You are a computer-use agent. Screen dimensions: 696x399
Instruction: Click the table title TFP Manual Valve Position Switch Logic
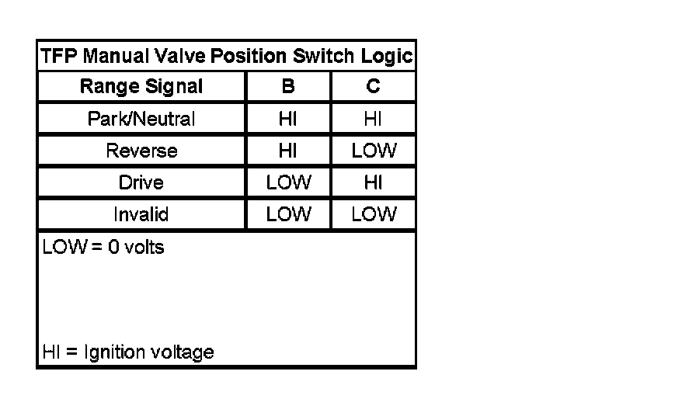226,57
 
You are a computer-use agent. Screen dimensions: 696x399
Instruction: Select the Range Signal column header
141,87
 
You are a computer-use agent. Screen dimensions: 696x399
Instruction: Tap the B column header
288,87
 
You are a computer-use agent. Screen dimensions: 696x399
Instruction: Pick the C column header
373,87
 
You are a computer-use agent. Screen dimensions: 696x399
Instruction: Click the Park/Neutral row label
141,119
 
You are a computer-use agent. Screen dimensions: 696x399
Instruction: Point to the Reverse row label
141,151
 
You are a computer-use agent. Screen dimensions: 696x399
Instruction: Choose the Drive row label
141,182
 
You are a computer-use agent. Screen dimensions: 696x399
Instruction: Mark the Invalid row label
141,214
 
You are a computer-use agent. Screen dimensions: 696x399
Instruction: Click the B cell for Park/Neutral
288,119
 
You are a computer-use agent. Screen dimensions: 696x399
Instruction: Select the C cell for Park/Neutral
373,119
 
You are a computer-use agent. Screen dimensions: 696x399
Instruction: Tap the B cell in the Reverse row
288,151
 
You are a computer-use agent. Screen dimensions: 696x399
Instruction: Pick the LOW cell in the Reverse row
373,151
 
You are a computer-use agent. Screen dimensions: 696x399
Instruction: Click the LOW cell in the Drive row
288,182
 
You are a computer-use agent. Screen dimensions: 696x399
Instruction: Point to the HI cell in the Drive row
373,182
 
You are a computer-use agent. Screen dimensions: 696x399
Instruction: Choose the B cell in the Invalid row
288,214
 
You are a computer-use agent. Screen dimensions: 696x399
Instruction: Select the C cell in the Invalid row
373,214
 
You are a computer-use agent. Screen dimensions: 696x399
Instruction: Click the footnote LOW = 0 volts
103,248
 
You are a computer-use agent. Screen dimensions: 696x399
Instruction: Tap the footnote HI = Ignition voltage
128,352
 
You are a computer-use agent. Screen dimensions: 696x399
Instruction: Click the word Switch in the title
324,57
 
